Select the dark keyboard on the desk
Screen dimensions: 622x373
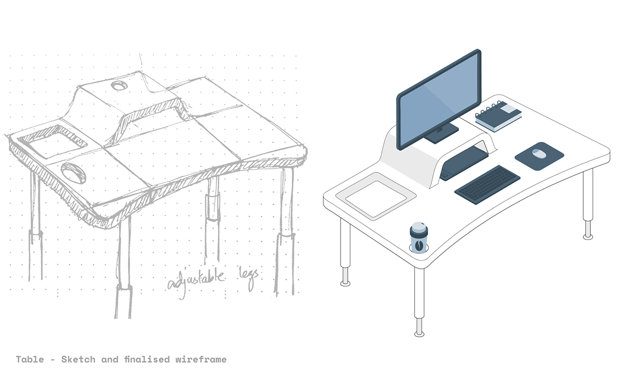[488, 185]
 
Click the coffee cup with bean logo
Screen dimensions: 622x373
[419, 238]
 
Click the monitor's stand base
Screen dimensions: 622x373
[442, 134]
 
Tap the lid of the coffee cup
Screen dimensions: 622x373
[419, 227]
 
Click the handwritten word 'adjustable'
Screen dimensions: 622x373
[196, 281]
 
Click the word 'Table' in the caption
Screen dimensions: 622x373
[30, 360]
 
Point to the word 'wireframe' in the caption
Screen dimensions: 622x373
[201, 360]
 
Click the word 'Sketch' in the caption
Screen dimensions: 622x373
[78, 360]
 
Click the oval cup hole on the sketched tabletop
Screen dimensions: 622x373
[73, 173]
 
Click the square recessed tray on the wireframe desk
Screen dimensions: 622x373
[376, 196]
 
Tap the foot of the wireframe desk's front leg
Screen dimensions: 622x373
[419, 334]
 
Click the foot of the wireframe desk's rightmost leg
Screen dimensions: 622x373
[588, 237]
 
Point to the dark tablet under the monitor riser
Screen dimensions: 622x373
[464, 163]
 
